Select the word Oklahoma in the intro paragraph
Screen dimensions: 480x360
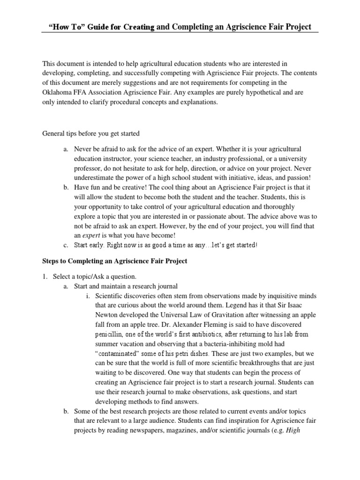(58, 92)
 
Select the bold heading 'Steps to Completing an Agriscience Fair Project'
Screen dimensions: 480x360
(115, 261)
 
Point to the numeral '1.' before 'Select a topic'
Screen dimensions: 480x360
(45, 277)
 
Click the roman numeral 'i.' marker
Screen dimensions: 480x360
(88, 296)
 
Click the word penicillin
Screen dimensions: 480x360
(110, 335)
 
